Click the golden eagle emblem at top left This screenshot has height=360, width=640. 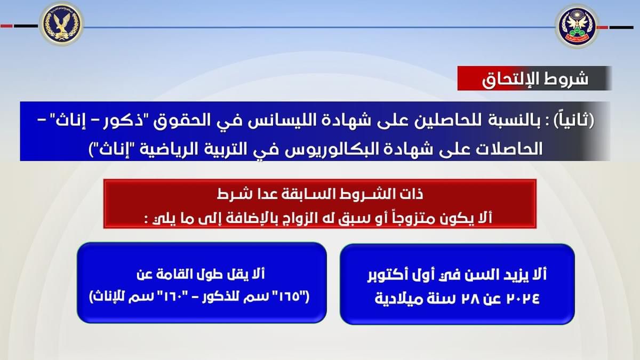(61, 24)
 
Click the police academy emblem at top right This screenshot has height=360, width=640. (577, 27)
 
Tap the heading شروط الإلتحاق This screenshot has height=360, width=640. (535, 79)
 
